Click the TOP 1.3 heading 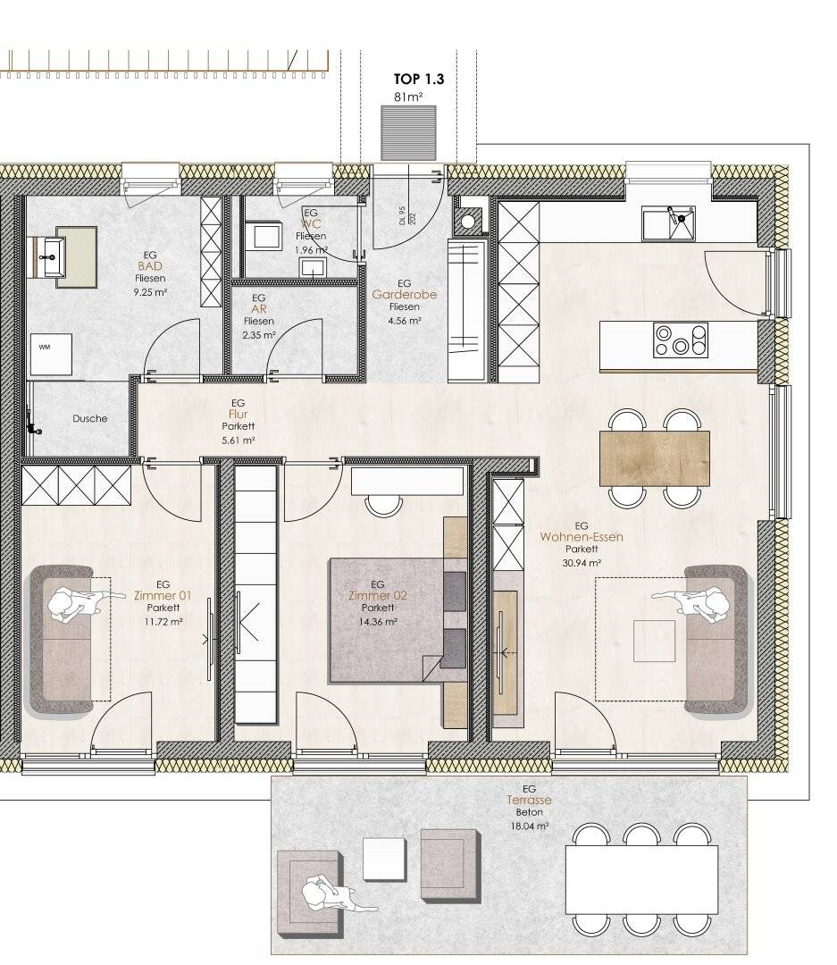[x=418, y=79]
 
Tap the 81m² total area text [x=408, y=96]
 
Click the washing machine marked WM [x=51, y=354]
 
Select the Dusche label [x=90, y=418]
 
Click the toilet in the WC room [x=266, y=234]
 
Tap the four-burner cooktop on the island [x=681, y=340]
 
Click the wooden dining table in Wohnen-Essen [x=654, y=458]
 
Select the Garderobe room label [x=405, y=295]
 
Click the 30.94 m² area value [x=582, y=563]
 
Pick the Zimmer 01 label [x=163, y=596]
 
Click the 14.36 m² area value [x=378, y=622]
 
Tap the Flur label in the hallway [x=239, y=415]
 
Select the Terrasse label [x=530, y=800]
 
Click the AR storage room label [x=259, y=309]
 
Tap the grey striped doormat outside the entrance [x=408, y=133]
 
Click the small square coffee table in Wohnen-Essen [x=654, y=641]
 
